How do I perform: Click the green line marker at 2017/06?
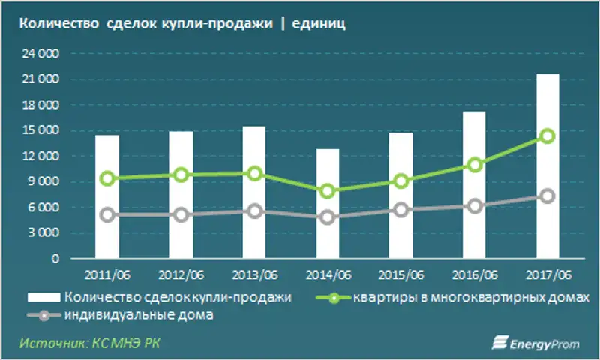click(547, 136)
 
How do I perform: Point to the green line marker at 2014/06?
click(328, 191)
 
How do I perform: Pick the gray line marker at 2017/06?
click(547, 196)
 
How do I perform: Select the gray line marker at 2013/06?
click(254, 211)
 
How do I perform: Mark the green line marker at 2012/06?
click(181, 175)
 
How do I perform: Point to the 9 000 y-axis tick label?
click(45, 181)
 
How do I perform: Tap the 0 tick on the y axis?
click(55, 259)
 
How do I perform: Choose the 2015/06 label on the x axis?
click(400, 273)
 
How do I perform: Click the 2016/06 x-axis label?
click(474, 273)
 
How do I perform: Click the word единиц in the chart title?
click(323, 24)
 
